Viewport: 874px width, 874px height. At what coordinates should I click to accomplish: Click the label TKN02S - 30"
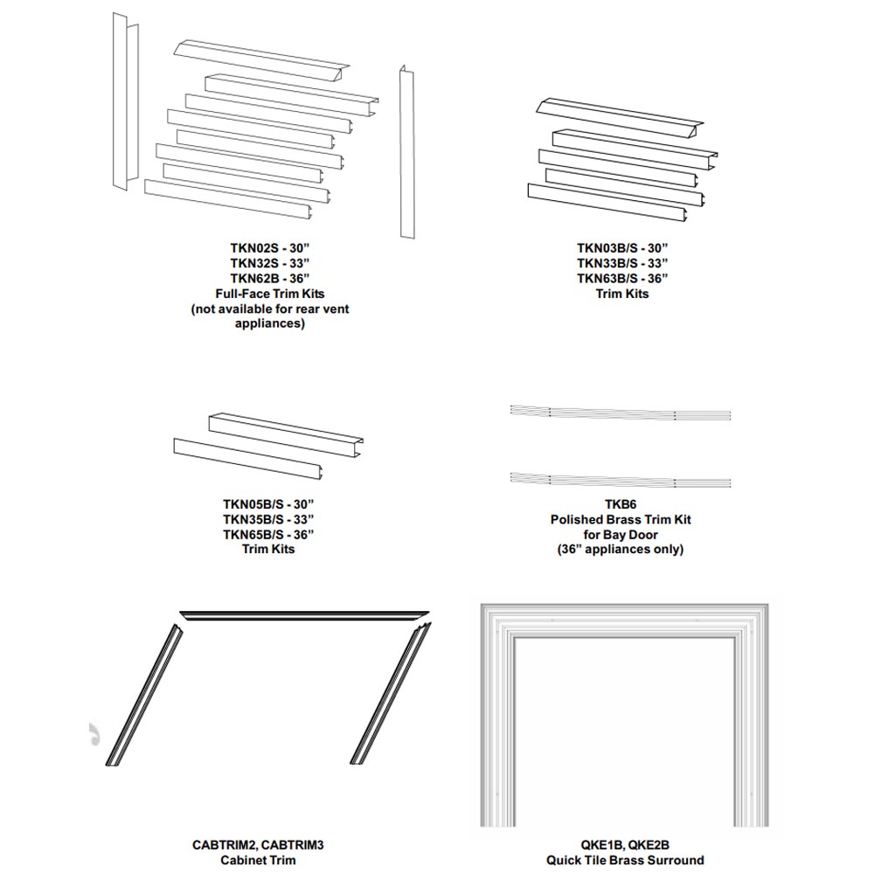pyautogui.click(x=270, y=248)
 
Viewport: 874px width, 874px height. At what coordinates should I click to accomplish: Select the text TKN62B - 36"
pyautogui.click(x=270, y=278)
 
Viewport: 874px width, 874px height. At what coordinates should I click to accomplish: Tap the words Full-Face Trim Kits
pyautogui.click(x=270, y=293)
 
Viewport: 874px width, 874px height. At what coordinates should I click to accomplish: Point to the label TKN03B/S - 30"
pyautogui.click(x=622, y=248)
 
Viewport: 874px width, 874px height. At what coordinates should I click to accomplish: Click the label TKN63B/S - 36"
pyautogui.click(x=622, y=278)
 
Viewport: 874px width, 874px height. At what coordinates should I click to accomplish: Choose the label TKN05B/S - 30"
pyautogui.click(x=268, y=504)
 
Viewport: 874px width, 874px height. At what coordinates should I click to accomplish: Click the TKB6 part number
pyautogui.click(x=621, y=504)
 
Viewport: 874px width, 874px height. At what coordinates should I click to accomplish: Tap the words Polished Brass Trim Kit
pyautogui.click(x=621, y=519)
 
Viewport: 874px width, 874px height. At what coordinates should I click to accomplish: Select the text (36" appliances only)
pyautogui.click(x=621, y=549)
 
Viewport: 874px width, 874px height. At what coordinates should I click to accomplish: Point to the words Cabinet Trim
pyautogui.click(x=258, y=860)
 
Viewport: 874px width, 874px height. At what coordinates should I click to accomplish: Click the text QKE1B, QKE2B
pyautogui.click(x=625, y=845)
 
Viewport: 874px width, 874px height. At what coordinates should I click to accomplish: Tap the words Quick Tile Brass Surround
pyautogui.click(x=625, y=860)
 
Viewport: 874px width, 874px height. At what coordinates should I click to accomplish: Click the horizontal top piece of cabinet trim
pyautogui.click(x=304, y=614)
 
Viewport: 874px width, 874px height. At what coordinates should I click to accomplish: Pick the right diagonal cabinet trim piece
pyautogui.click(x=391, y=693)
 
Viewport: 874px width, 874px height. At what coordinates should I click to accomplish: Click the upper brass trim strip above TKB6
pyautogui.click(x=620, y=412)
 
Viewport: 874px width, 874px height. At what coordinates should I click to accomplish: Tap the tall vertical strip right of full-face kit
pyautogui.click(x=407, y=152)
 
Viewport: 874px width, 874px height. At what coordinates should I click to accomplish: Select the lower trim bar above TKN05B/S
pyautogui.click(x=248, y=459)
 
